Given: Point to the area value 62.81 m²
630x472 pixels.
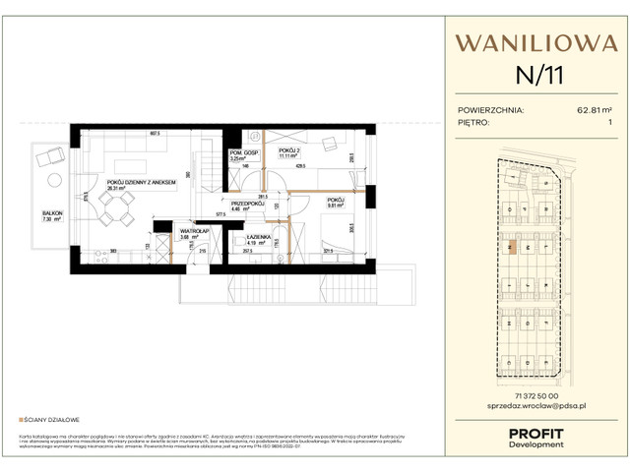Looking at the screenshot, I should (596, 110).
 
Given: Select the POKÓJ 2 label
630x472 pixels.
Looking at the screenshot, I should (287, 150).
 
